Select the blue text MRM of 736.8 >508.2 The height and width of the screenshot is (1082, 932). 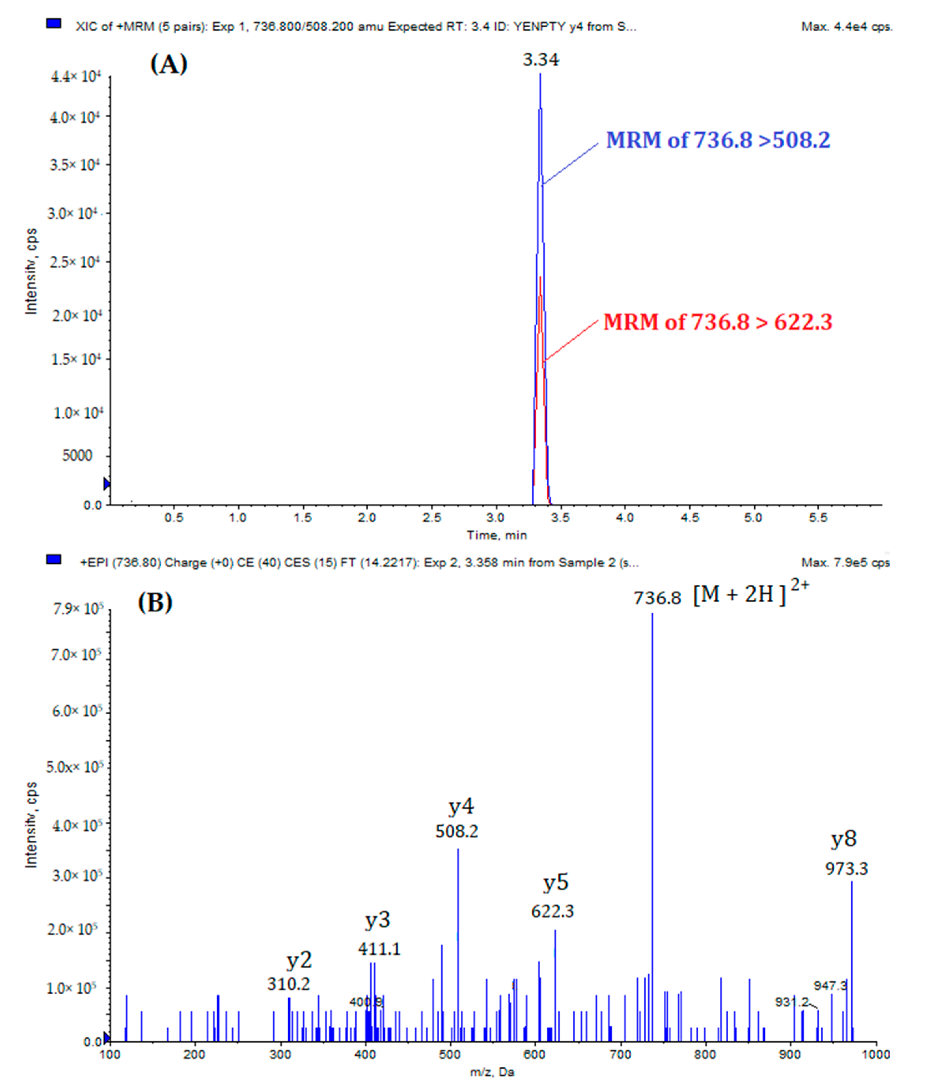click(x=718, y=140)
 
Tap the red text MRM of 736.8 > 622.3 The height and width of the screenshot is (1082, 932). click(x=718, y=322)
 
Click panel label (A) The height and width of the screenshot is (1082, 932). click(x=169, y=64)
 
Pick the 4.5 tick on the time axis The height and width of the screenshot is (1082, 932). click(x=689, y=518)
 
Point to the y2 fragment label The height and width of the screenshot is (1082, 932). click(x=299, y=960)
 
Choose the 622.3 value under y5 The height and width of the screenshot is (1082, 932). click(x=552, y=911)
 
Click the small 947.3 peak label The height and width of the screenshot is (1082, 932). click(x=830, y=986)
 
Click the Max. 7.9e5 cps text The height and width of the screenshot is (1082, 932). click(x=845, y=562)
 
